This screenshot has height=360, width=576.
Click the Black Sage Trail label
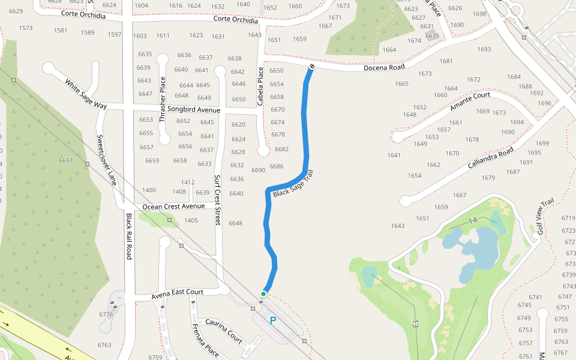[293, 184]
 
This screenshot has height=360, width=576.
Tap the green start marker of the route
[263, 293]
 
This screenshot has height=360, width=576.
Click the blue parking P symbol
[273, 321]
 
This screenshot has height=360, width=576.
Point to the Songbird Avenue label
[193, 110]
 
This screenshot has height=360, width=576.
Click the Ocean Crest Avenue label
[173, 206]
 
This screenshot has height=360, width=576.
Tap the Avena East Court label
[177, 293]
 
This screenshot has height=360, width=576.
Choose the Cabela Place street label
[260, 86]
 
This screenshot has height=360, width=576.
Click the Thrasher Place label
[163, 92]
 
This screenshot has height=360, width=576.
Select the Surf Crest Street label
[218, 200]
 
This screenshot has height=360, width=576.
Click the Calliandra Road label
[491, 158]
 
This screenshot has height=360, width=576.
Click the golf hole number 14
[473, 220]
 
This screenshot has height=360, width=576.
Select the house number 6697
[66, 161]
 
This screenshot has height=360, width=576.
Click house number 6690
[258, 170]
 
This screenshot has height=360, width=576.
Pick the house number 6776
[106, 314]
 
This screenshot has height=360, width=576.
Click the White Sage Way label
[86, 94]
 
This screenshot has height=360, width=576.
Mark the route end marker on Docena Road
[312, 65]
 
